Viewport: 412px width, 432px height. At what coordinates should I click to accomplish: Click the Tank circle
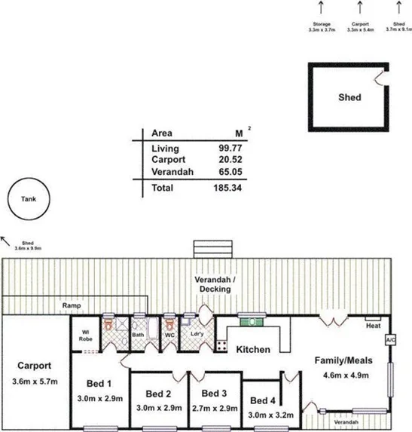tap(27, 200)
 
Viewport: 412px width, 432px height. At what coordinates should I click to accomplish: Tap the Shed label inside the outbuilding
tap(349, 97)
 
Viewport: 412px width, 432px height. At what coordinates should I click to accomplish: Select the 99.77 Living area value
tap(230, 149)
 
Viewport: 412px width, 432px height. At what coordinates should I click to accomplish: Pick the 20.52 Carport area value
tap(230, 161)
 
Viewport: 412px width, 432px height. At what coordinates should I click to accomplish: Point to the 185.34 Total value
tap(227, 188)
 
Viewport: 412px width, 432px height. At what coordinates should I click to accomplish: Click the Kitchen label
tap(253, 351)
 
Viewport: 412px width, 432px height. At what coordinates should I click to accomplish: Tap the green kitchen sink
tap(249, 321)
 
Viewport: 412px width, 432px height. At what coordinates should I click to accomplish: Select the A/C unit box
tap(390, 340)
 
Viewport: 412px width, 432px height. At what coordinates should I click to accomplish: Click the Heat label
tap(372, 326)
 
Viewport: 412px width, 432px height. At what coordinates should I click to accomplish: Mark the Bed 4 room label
tap(264, 400)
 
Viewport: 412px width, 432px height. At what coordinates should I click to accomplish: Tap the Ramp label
tap(72, 306)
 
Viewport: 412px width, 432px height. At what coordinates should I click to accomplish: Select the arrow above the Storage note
tap(322, 8)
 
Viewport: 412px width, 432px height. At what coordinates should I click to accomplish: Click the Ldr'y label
tap(198, 334)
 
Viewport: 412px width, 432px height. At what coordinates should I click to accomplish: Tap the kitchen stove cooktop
tap(222, 346)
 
